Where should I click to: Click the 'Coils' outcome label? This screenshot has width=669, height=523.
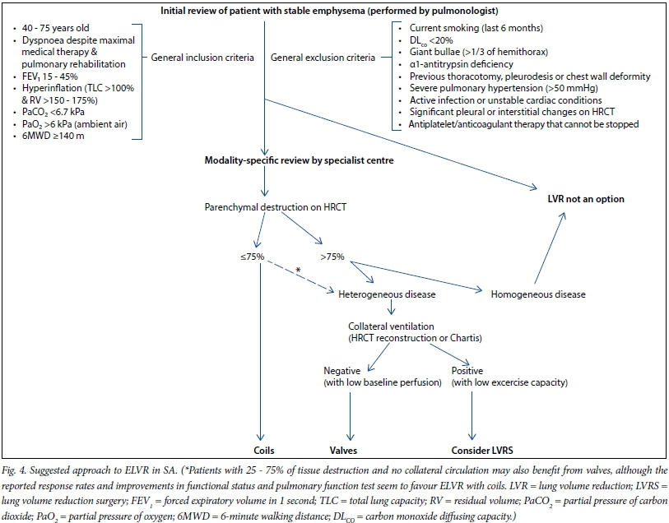click(263, 450)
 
